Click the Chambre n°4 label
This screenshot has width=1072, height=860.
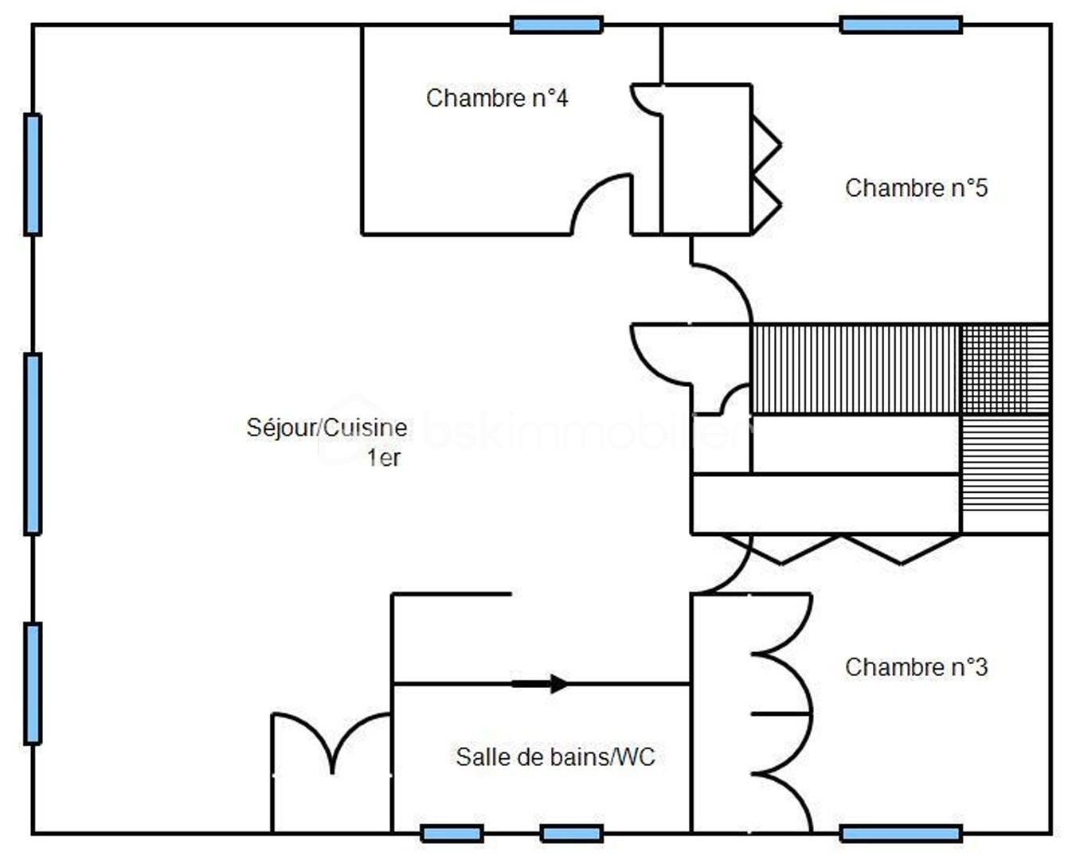point(497,98)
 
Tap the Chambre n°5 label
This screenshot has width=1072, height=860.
point(916,188)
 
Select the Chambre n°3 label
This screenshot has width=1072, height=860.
point(916,666)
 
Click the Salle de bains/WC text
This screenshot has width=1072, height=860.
point(555,756)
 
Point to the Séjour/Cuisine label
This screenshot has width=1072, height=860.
point(327,428)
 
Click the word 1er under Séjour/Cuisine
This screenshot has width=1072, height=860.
point(383,458)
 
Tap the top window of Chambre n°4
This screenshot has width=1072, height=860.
point(556,25)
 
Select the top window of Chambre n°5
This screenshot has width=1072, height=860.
point(901,25)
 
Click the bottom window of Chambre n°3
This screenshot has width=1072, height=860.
point(901,834)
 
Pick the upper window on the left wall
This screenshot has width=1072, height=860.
point(33,174)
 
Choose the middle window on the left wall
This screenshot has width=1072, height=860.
point(33,444)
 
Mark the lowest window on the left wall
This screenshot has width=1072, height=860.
point(33,683)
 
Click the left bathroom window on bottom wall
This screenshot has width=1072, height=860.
point(452,834)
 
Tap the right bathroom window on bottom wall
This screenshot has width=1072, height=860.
point(571,834)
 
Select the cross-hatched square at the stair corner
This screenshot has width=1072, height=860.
point(1005,369)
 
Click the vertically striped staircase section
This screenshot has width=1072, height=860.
point(855,369)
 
